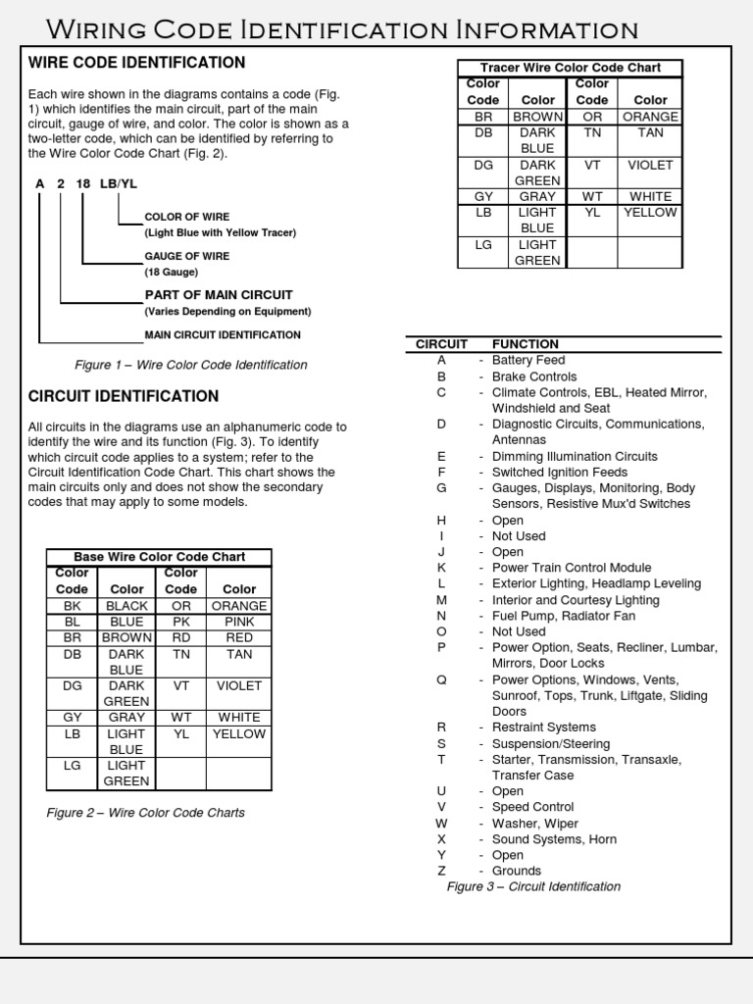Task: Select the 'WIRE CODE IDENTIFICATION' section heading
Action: pos(136,63)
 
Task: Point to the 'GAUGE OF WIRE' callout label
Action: pos(187,256)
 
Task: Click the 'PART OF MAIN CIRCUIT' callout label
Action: pos(219,294)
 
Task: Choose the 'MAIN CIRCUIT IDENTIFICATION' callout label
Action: pos(223,334)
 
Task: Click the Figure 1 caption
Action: pos(191,365)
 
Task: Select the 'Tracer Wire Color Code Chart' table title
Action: pos(570,68)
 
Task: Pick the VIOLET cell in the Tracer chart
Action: pos(650,165)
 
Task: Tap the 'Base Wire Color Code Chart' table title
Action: pos(160,556)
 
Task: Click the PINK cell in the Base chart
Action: pos(239,622)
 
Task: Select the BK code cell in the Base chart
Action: pos(72,606)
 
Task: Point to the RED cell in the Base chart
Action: pos(239,637)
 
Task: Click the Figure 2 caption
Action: pos(146,813)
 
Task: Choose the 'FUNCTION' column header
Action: pos(526,344)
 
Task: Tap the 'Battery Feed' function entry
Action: pos(528,360)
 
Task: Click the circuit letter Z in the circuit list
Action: pos(441,871)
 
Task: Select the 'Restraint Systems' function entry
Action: pos(543,727)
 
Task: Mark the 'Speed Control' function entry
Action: pos(532,807)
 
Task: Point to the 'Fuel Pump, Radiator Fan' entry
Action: pos(563,616)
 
